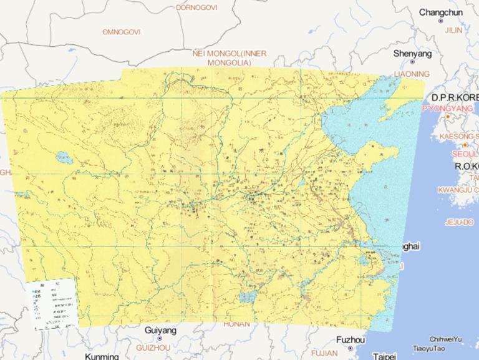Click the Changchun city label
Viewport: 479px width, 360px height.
pyautogui.click(x=440, y=12)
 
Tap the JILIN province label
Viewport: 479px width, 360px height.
pyautogui.click(x=453, y=29)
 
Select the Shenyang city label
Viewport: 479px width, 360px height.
pyautogui.click(x=412, y=54)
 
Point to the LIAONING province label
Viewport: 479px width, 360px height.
pyautogui.click(x=412, y=74)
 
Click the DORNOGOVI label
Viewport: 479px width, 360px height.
pyautogui.click(x=196, y=7)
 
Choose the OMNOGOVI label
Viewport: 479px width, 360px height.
pyautogui.click(x=122, y=31)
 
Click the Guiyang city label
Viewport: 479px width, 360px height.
pyautogui.click(x=160, y=330)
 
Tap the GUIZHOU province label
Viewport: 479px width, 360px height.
pyautogui.click(x=153, y=347)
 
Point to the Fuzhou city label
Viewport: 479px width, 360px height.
pyautogui.click(x=350, y=340)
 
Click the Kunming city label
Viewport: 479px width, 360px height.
pyautogui.click(x=102, y=356)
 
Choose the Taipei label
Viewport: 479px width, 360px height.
pyautogui.click(x=384, y=356)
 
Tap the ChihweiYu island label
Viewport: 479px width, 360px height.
pyautogui.click(x=445, y=339)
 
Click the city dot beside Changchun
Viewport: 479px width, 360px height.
pyautogui.click(x=440, y=21)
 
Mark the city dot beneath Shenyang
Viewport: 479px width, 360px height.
pyautogui.click(x=412, y=62)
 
